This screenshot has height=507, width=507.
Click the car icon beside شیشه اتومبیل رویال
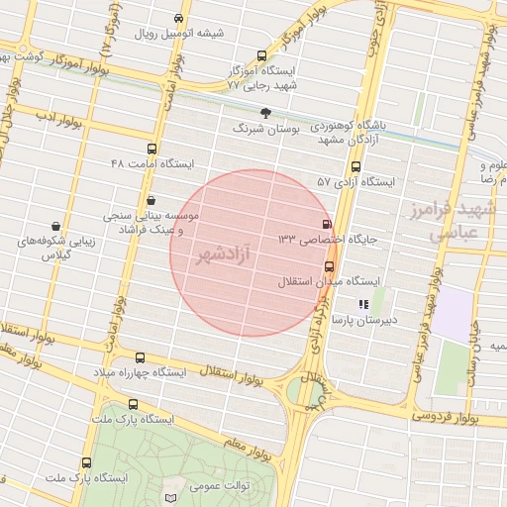pos(178,18)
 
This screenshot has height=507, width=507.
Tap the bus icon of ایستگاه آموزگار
pos(261,56)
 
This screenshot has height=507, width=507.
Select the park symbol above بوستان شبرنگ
pos(263,112)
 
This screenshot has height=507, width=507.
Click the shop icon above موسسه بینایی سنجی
pos(151,200)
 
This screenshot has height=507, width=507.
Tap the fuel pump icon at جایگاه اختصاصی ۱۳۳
pos(327,225)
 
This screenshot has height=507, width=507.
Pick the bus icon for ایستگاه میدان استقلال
pos(330,266)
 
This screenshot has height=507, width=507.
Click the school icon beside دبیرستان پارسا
pos(364,305)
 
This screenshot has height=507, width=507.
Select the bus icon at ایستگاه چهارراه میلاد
pos(140,358)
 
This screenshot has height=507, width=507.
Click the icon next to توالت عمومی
pos(174,495)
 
